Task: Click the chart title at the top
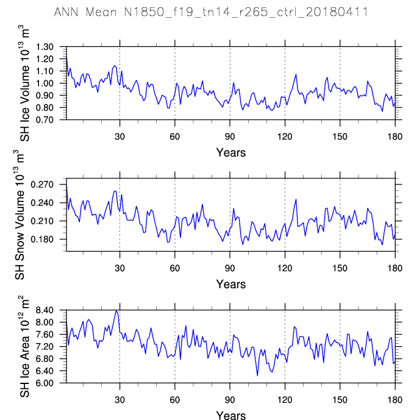(210, 12)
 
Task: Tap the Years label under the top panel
(230, 152)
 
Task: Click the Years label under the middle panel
(230, 284)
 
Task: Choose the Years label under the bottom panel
(230, 416)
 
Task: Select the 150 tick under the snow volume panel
(340, 267)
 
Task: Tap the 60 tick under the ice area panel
(175, 399)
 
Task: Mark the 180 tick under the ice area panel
(395, 399)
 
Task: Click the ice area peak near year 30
(116, 311)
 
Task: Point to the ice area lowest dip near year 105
(257, 375)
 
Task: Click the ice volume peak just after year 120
(296, 74)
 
